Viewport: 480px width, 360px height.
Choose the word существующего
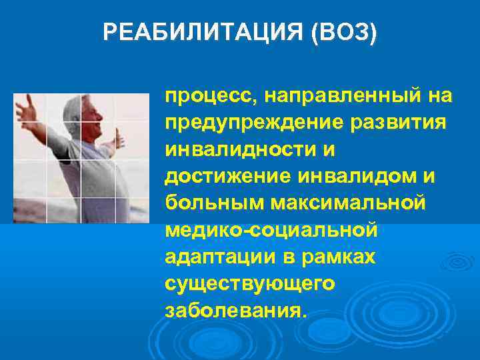coord(249,283)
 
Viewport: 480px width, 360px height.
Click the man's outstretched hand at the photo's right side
coord(119,138)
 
